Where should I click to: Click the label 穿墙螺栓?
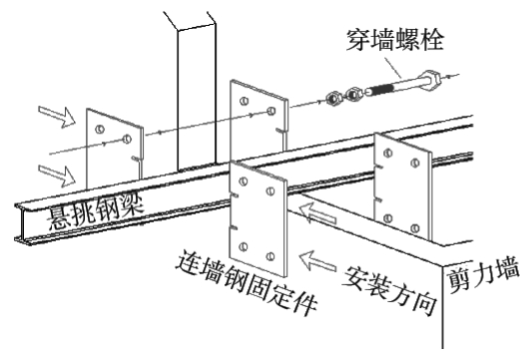point(395,40)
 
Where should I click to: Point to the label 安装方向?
point(389,289)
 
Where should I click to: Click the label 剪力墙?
point(482,275)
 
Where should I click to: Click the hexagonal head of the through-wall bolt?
point(429,80)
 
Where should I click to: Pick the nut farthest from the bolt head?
point(333,98)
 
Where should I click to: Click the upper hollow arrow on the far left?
point(57,117)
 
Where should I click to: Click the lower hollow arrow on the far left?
point(57,176)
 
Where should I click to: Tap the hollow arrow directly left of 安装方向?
point(318,260)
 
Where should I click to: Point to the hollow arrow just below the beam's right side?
point(318,213)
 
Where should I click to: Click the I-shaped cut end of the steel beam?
point(21,222)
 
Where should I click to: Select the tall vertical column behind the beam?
point(197,97)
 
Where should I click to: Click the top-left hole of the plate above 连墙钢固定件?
point(244,181)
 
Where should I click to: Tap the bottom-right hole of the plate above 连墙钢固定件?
point(270,257)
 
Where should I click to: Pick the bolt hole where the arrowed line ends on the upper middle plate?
point(271,111)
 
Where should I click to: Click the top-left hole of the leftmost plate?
point(100,129)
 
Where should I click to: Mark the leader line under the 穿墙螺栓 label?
point(393,68)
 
